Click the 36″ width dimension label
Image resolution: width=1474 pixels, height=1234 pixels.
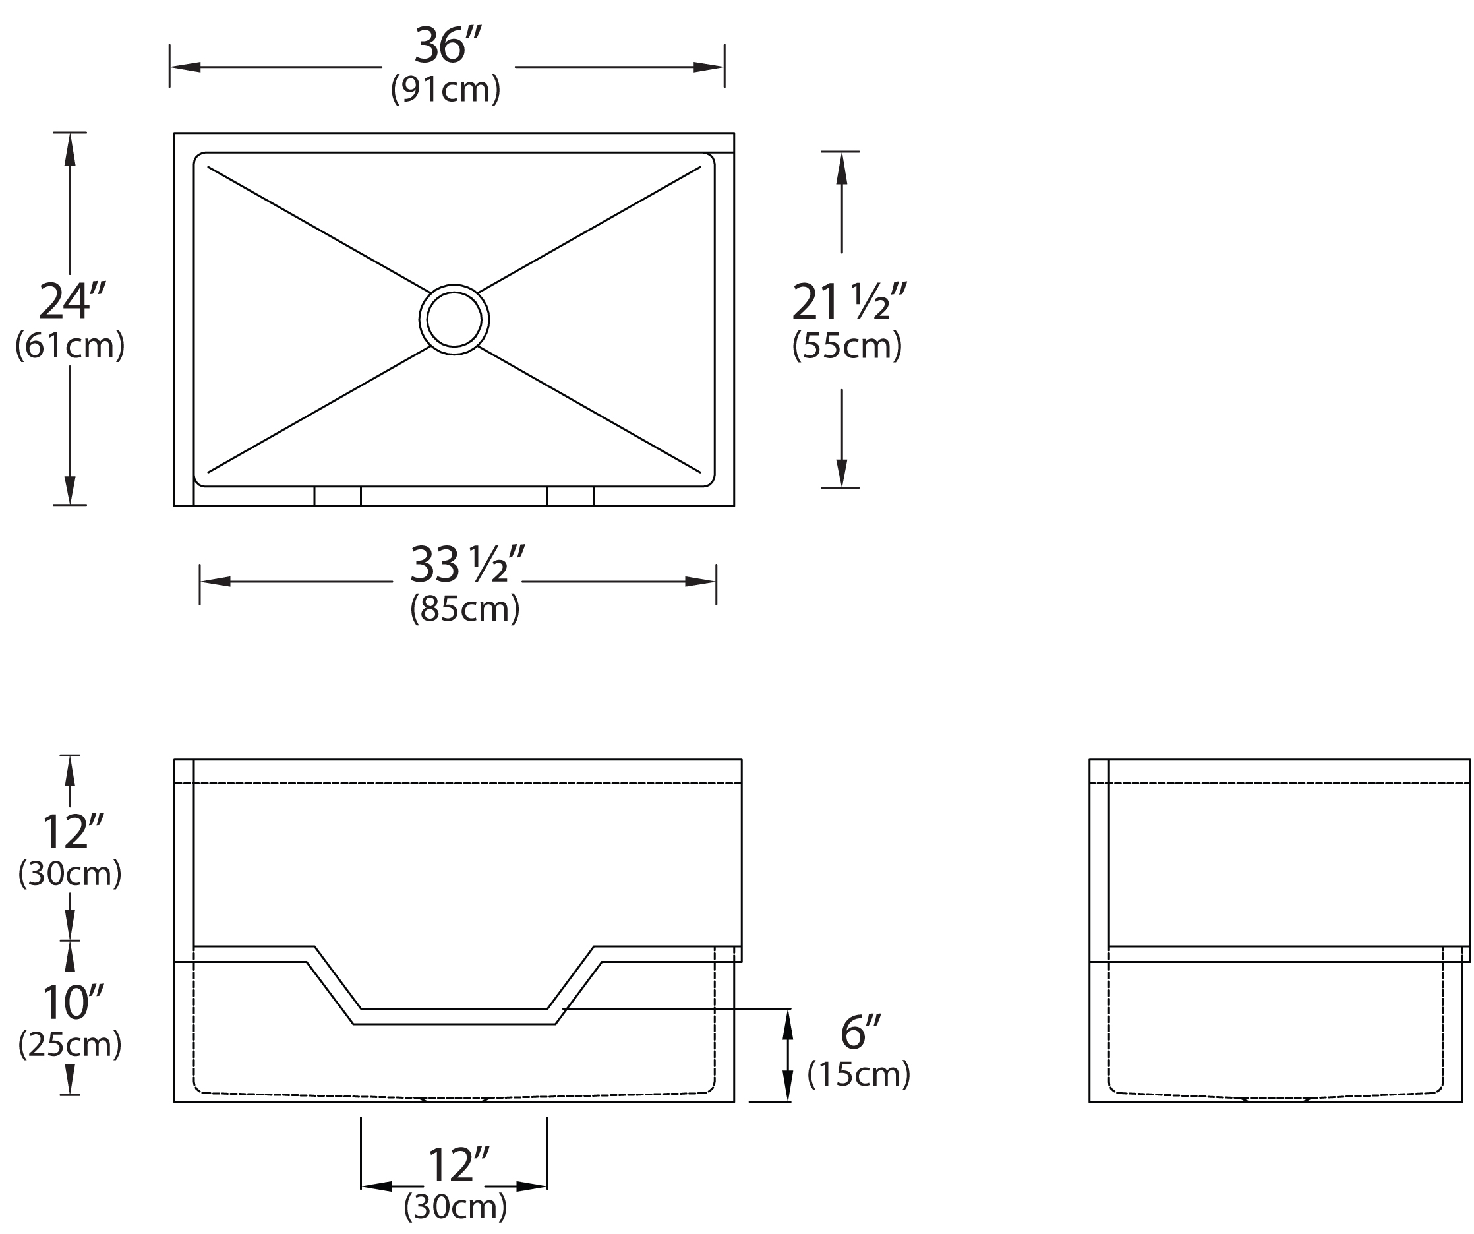click(448, 45)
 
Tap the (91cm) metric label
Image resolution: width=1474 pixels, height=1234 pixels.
click(446, 88)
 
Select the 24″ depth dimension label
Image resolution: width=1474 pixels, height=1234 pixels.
click(73, 300)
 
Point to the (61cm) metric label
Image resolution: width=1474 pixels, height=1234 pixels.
click(70, 345)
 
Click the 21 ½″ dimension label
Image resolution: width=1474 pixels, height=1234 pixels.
click(850, 301)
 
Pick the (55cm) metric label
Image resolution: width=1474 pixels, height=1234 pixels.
click(847, 345)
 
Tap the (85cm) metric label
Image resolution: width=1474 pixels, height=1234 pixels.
click(465, 608)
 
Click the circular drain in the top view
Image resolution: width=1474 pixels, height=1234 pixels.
click(454, 320)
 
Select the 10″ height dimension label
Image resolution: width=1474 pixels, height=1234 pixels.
click(73, 1003)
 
